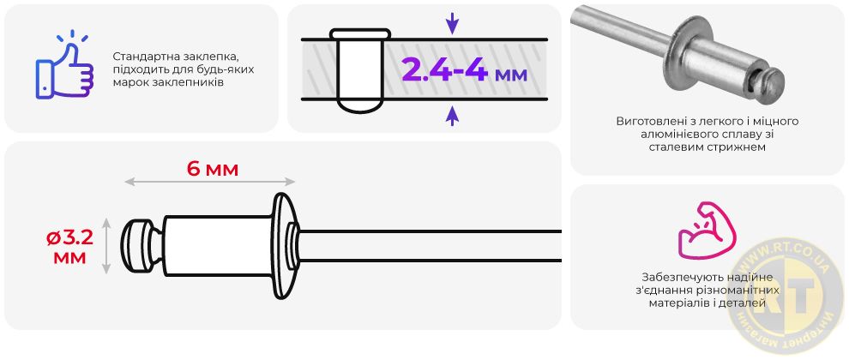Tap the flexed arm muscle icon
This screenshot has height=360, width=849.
coord(707,230)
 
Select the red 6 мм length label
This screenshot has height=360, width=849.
coord(213,170)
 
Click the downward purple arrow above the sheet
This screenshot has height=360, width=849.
coord(452,24)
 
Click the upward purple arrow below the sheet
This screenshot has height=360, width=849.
coord(452,116)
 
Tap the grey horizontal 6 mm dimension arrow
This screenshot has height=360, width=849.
coord(209,182)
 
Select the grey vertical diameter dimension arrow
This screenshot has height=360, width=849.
coord(106,246)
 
